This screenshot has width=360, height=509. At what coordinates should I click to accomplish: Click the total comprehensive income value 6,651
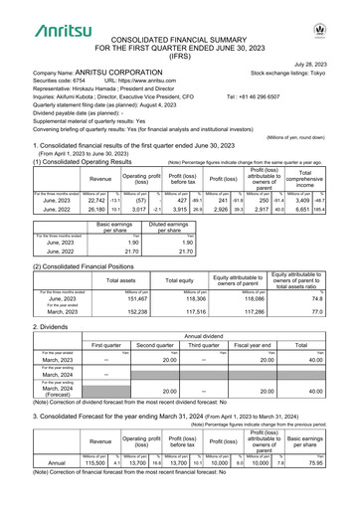coord(323,182)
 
